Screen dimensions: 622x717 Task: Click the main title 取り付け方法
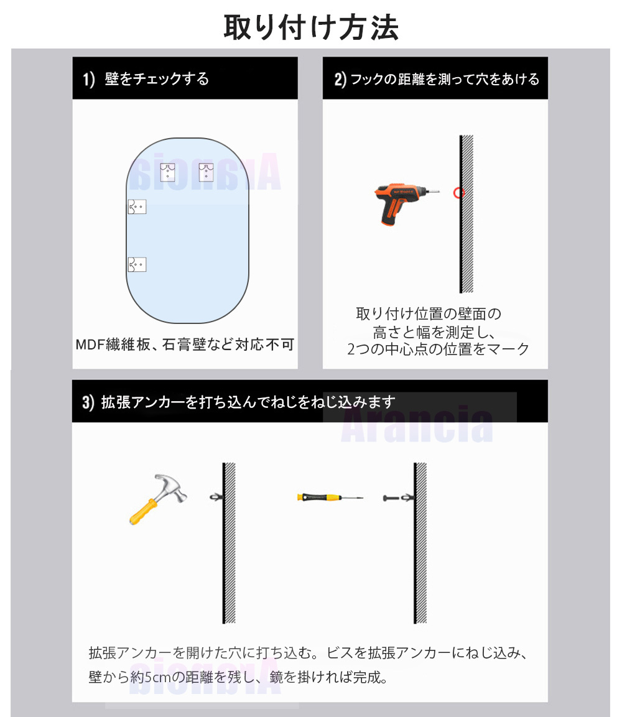pos(311,27)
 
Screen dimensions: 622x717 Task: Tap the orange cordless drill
pos(405,203)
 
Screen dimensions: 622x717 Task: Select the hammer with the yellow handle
pos(158,499)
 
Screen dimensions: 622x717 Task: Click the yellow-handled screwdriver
pos(330,497)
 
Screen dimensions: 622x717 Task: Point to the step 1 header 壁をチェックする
pos(157,78)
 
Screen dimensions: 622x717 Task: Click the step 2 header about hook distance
pos(445,79)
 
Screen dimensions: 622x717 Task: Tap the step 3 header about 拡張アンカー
pos(248,402)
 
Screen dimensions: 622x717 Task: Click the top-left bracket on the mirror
pos(168,172)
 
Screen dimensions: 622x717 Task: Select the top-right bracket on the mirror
pos(207,172)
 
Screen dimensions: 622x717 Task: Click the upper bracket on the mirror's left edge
pos(137,206)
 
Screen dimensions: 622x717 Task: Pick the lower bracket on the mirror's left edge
pos(137,264)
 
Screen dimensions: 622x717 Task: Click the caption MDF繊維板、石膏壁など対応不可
pos(185,344)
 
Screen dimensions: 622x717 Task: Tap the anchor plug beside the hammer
pos(216,497)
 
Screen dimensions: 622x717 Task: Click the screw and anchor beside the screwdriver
pos(398,497)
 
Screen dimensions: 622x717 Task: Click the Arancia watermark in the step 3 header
pos(417,424)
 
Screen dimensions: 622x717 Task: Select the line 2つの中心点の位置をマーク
pos(438,349)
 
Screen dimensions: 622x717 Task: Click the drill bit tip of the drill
pos(439,191)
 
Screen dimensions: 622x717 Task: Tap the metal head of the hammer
pos(171,487)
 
